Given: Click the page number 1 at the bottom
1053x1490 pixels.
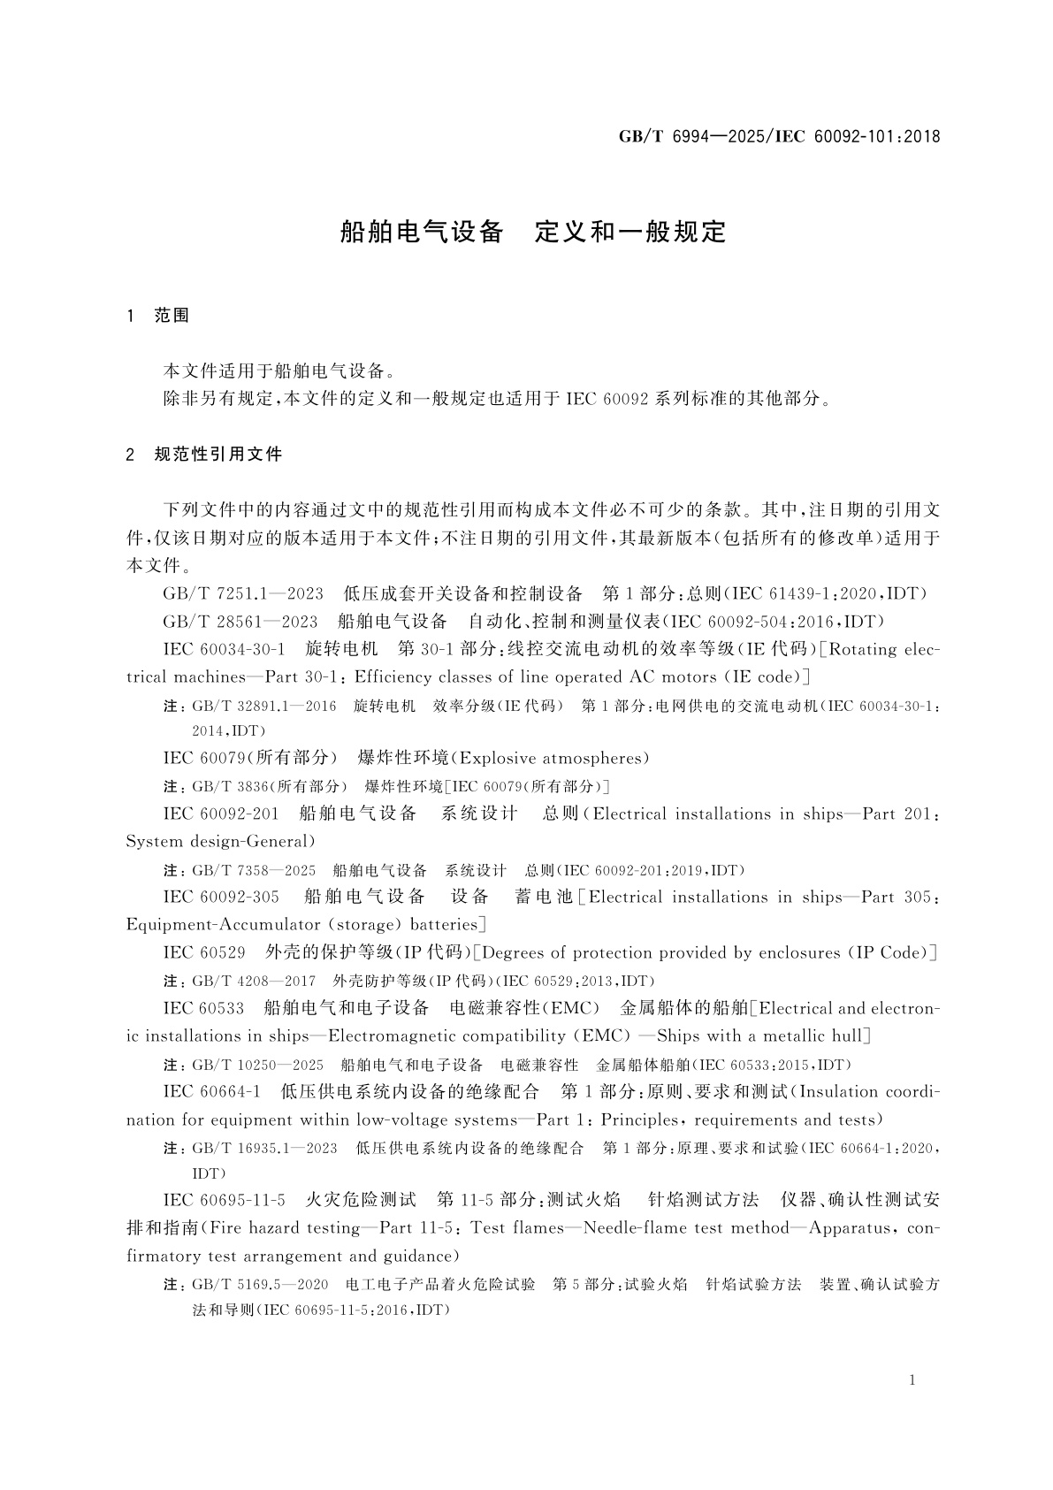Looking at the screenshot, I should point(912,1380).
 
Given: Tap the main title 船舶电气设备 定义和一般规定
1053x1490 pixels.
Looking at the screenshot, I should point(533,232).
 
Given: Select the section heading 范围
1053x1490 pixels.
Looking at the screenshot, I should point(172,316).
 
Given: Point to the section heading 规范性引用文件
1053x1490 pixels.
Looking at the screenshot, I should point(218,455).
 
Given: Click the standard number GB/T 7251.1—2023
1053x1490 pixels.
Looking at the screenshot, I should point(243,593).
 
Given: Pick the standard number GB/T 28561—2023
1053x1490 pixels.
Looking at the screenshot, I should point(240,621).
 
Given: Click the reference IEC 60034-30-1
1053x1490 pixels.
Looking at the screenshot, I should point(224,649).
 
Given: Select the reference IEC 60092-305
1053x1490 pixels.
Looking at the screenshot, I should point(221,897).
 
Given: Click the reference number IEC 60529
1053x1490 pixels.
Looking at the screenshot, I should point(204,952).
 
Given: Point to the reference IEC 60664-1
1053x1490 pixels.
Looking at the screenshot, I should point(211,1092).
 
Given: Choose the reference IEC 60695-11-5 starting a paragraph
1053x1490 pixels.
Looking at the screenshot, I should point(224,1200).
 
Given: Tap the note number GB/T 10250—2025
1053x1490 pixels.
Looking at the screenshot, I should point(257,1065).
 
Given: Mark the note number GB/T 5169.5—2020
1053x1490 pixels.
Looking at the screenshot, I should point(260,1284).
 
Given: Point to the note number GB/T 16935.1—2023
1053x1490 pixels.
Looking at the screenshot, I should point(264,1148).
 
